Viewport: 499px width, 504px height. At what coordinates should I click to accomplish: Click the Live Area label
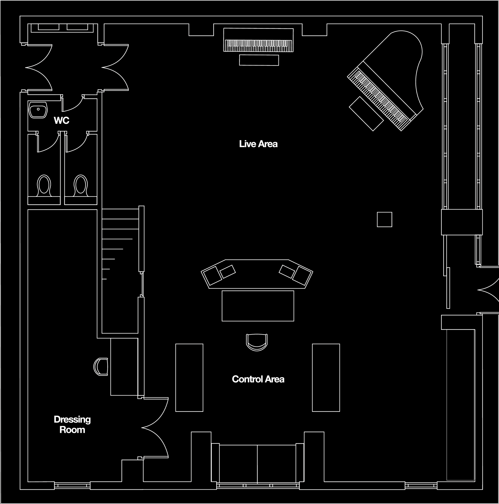[x=258, y=144]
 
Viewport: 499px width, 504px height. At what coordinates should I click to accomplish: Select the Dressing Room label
[x=72, y=424]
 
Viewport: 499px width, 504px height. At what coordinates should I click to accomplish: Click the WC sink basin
[x=38, y=110]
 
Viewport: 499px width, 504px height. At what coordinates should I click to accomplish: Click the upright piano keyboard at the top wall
[x=258, y=46]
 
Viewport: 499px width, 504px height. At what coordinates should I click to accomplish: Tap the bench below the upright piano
[x=259, y=60]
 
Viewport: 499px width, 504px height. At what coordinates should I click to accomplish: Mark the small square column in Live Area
[x=384, y=219]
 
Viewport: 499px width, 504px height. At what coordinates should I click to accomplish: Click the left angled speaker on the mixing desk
[x=212, y=276]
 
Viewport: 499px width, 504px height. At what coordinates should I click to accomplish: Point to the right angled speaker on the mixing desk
[x=302, y=276]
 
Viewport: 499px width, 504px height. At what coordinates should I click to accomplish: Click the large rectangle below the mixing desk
[x=258, y=306]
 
